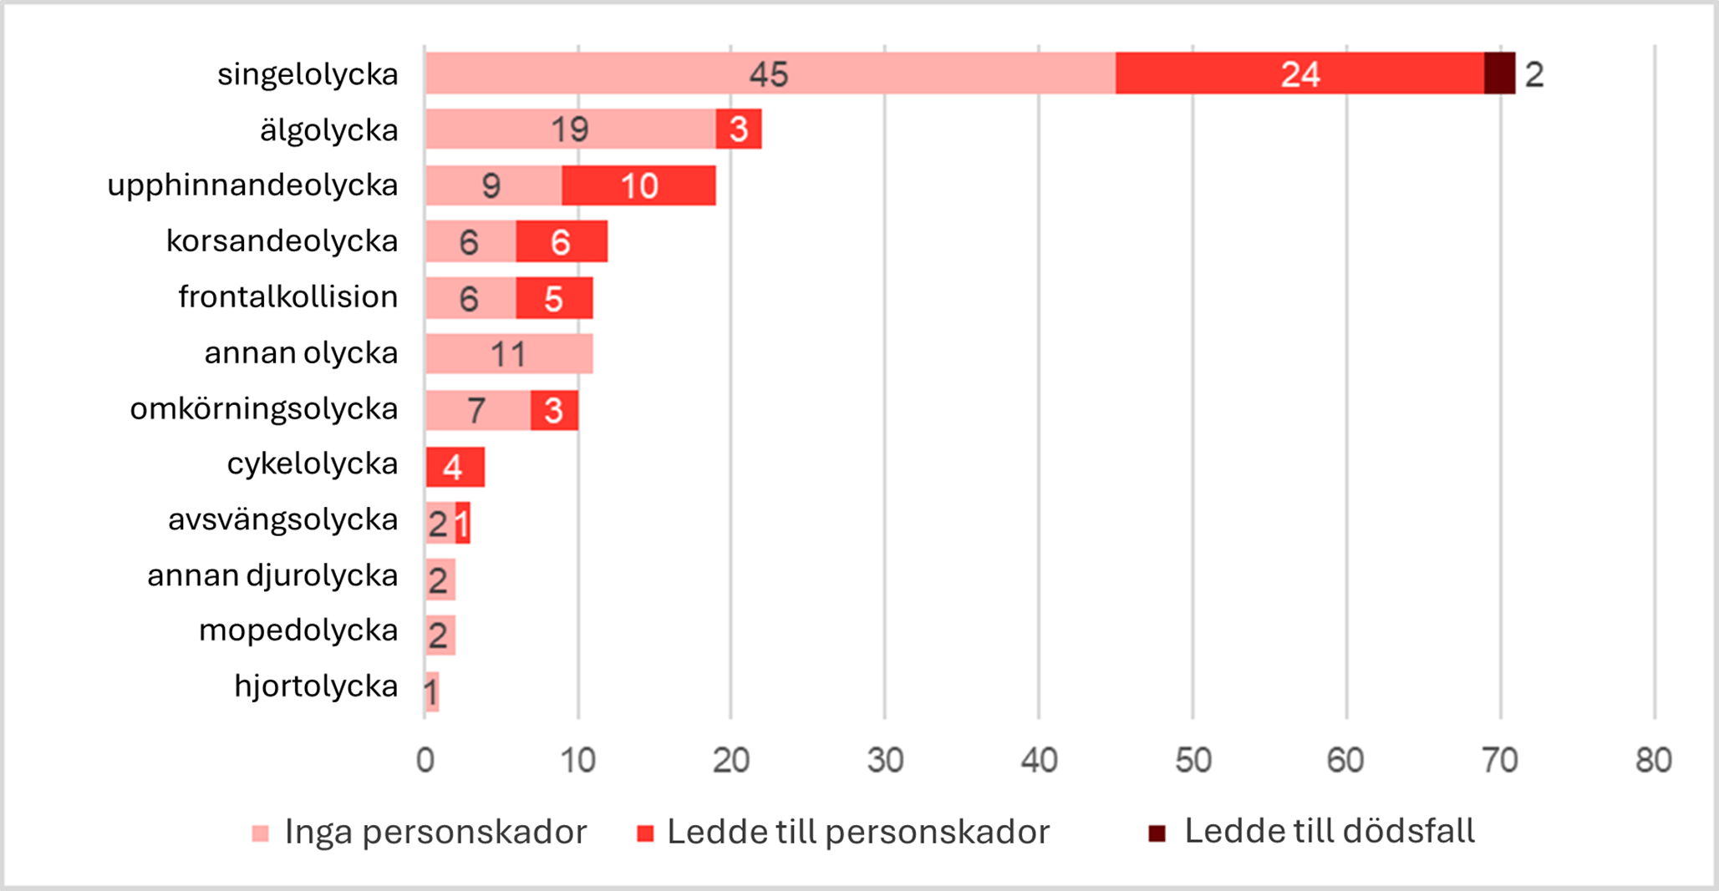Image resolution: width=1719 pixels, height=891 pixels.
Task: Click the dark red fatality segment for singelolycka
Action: pos(1499,73)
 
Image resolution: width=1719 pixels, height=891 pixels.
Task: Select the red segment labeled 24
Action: pos(1299,73)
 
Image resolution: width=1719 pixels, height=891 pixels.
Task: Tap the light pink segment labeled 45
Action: pos(769,73)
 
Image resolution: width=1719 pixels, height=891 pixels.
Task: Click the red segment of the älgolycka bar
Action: pos(739,129)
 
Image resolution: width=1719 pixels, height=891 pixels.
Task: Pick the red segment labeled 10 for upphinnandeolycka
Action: pos(638,185)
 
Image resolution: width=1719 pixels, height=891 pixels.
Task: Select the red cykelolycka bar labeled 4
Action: pos(455,467)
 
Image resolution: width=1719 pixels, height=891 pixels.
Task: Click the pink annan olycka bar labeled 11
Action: pos(508,354)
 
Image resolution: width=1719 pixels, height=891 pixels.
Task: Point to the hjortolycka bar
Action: pos(431,691)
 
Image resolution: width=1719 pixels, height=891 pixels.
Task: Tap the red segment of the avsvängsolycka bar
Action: pos(463,524)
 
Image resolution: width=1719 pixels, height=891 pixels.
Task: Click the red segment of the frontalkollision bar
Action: pos(554,298)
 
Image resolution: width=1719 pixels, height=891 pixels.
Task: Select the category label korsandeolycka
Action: pos(282,241)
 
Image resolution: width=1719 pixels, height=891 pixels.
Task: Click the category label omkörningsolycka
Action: pos(263,409)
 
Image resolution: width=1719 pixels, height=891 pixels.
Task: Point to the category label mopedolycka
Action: pos(298,630)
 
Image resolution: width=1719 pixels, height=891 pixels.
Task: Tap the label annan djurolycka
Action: pos(272,575)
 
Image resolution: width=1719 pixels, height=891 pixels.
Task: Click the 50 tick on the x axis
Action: pos(1193,760)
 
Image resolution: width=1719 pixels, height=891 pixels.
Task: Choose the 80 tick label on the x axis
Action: pos(1653,760)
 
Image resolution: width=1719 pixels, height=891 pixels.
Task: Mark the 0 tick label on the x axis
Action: pos(425,760)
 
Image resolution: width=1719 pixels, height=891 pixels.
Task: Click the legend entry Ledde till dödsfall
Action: pos(1329,832)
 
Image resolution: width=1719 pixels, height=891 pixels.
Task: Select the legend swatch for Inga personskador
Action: pos(261,833)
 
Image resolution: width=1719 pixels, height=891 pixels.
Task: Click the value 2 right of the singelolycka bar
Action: pos(1534,75)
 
